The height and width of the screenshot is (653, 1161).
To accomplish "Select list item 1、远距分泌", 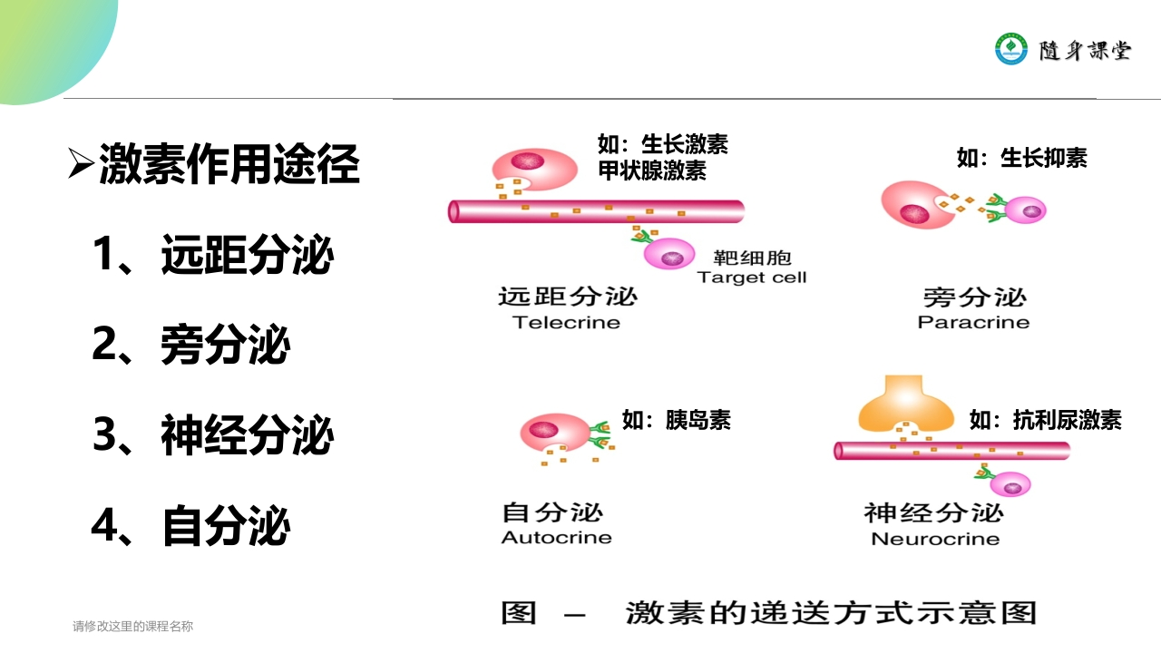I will (x=213, y=255).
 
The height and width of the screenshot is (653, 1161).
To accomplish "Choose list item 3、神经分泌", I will (x=213, y=435).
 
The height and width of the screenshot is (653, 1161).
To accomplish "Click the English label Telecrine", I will (x=566, y=323).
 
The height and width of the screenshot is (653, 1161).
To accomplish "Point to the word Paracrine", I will (x=973, y=323).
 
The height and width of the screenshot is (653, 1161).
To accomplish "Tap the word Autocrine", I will (x=556, y=538).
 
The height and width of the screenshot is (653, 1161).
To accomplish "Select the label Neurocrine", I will (x=934, y=540).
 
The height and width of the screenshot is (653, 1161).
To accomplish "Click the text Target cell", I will (x=751, y=278).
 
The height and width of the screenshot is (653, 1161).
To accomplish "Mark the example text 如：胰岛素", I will (x=676, y=420).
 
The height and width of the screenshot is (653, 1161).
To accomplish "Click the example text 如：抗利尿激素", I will (x=1045, y=420).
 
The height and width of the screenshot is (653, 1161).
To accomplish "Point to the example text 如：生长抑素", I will (x=1021, y=159).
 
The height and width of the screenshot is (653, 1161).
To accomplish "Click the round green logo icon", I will (x=1011, y=49).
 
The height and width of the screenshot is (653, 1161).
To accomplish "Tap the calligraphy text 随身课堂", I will (x=1085, y=50).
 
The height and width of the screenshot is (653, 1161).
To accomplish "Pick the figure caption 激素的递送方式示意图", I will (x=830, y=612).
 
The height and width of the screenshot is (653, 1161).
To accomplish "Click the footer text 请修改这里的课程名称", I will (x=132, y=626).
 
